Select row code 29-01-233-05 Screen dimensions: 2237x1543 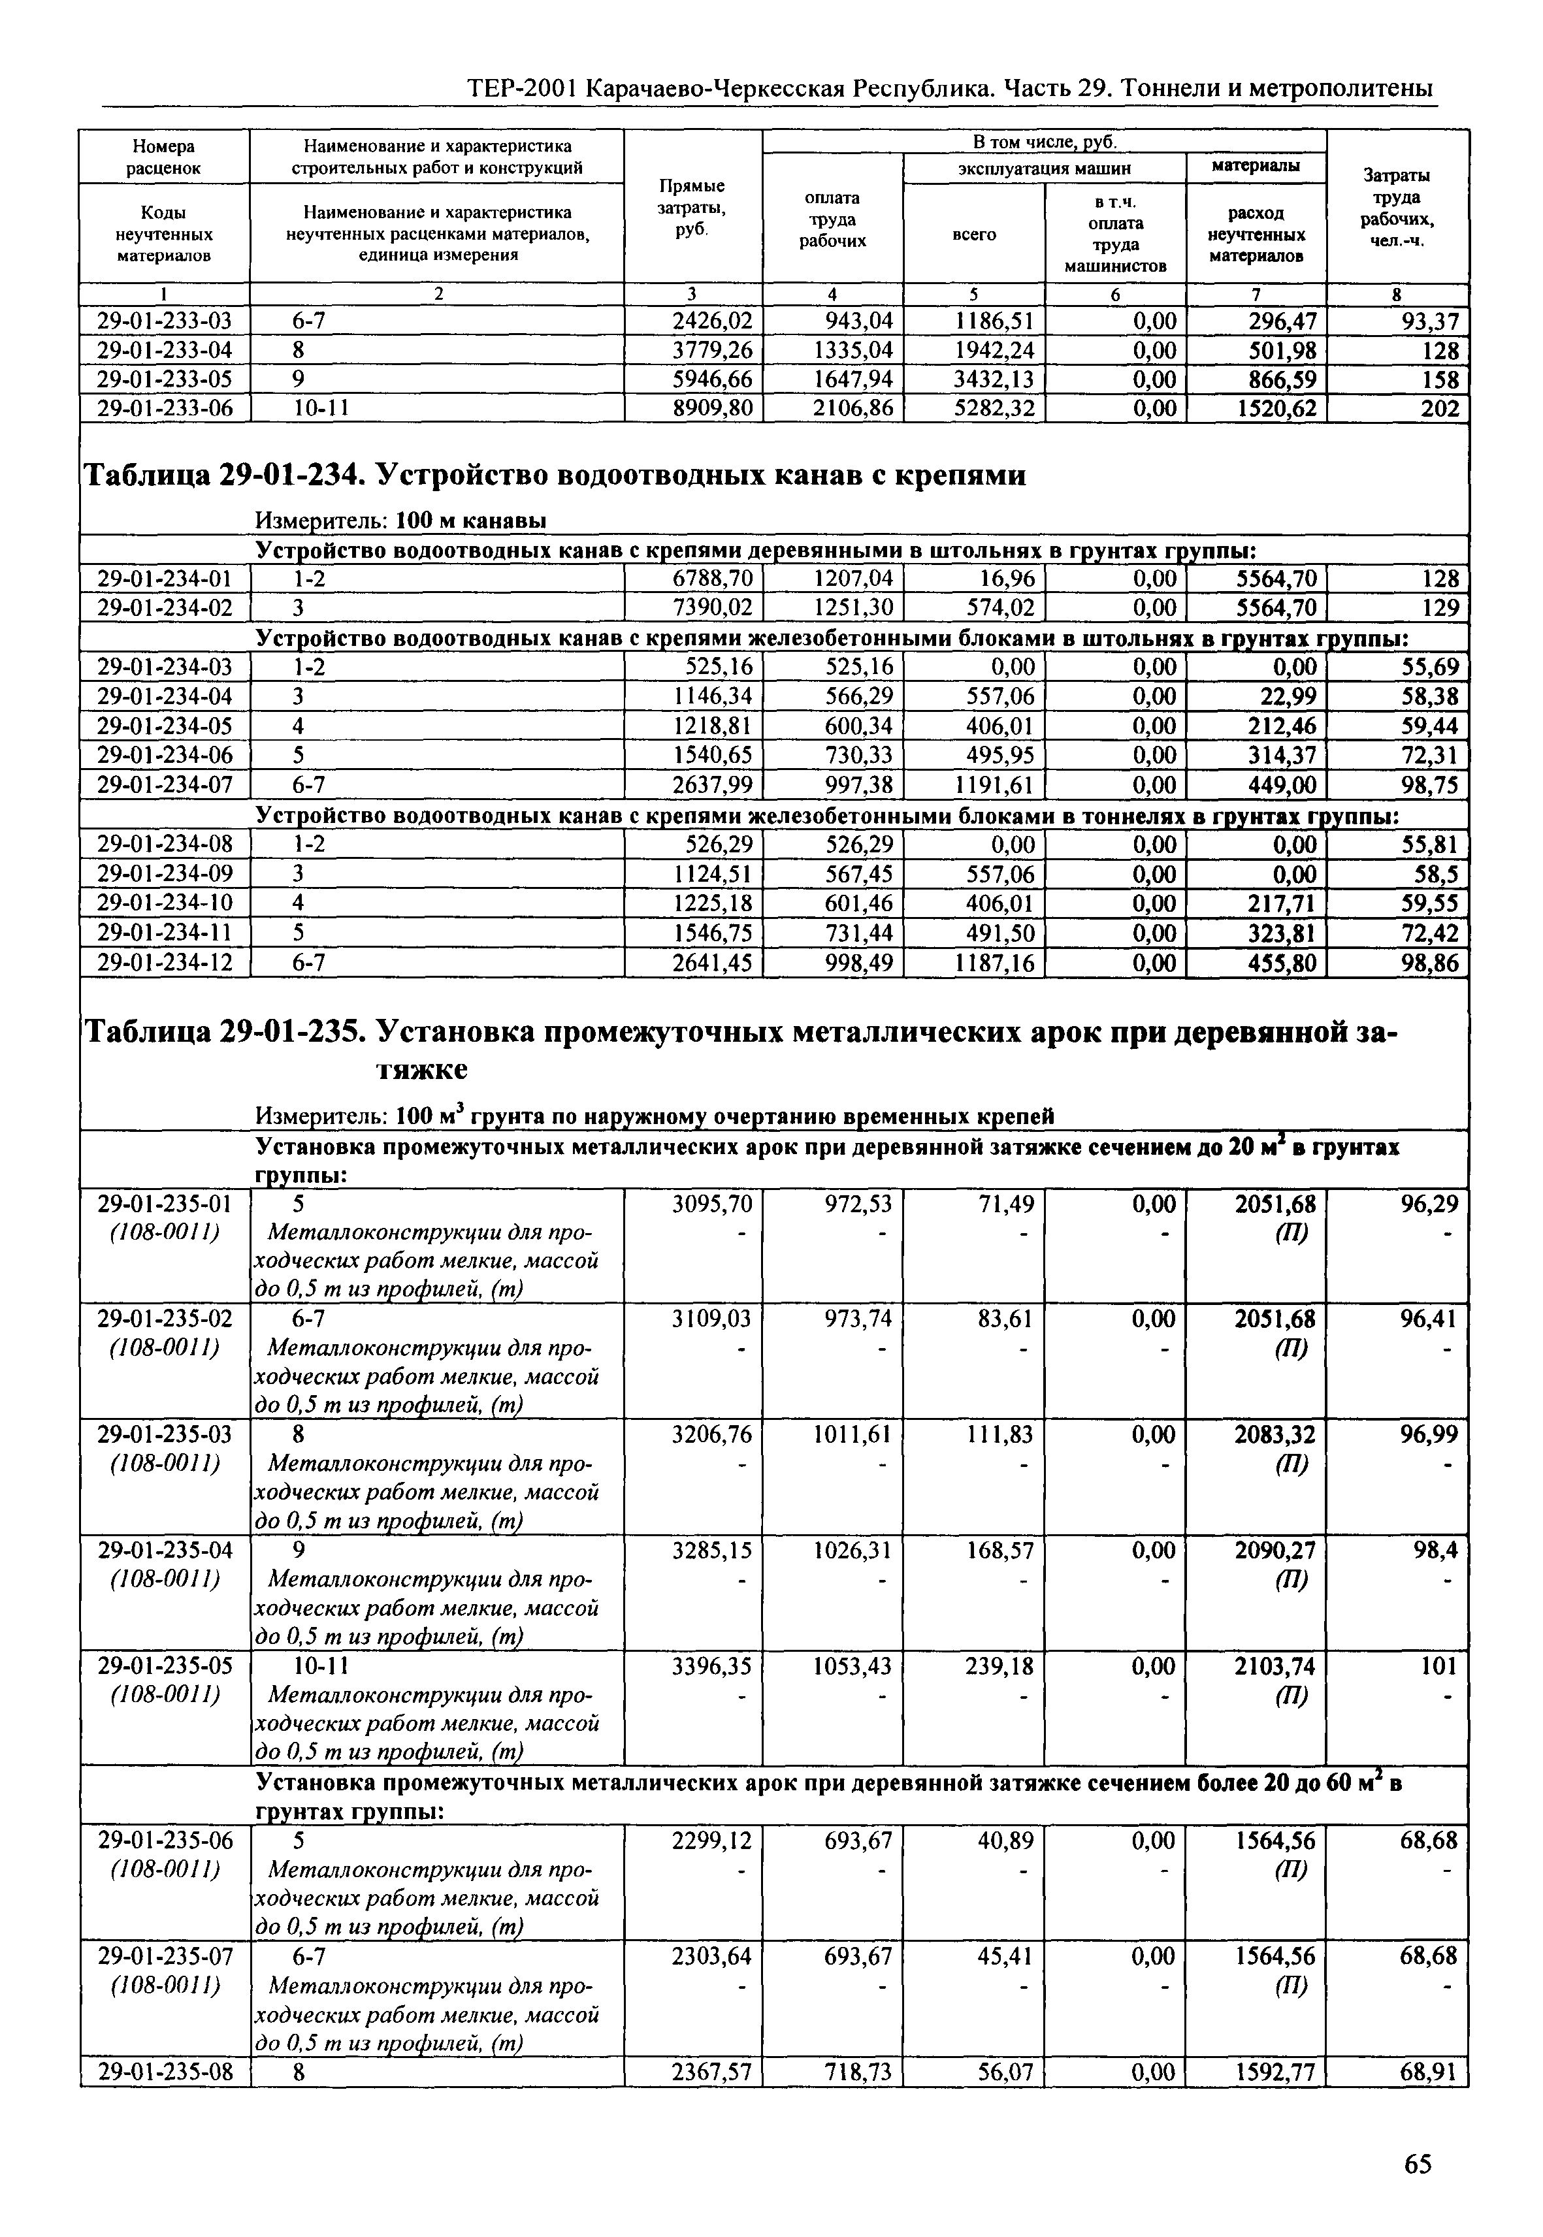coord(165,379)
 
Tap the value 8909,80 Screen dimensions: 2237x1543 coord(713,409)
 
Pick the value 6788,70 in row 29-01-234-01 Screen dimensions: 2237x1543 coord(713,579)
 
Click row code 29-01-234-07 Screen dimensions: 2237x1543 coord(165,784)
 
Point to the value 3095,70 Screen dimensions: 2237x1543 coord(713,1204)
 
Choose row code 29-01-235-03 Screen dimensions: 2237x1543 coord(165,1434)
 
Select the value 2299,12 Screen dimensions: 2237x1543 coord(713,1841)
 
